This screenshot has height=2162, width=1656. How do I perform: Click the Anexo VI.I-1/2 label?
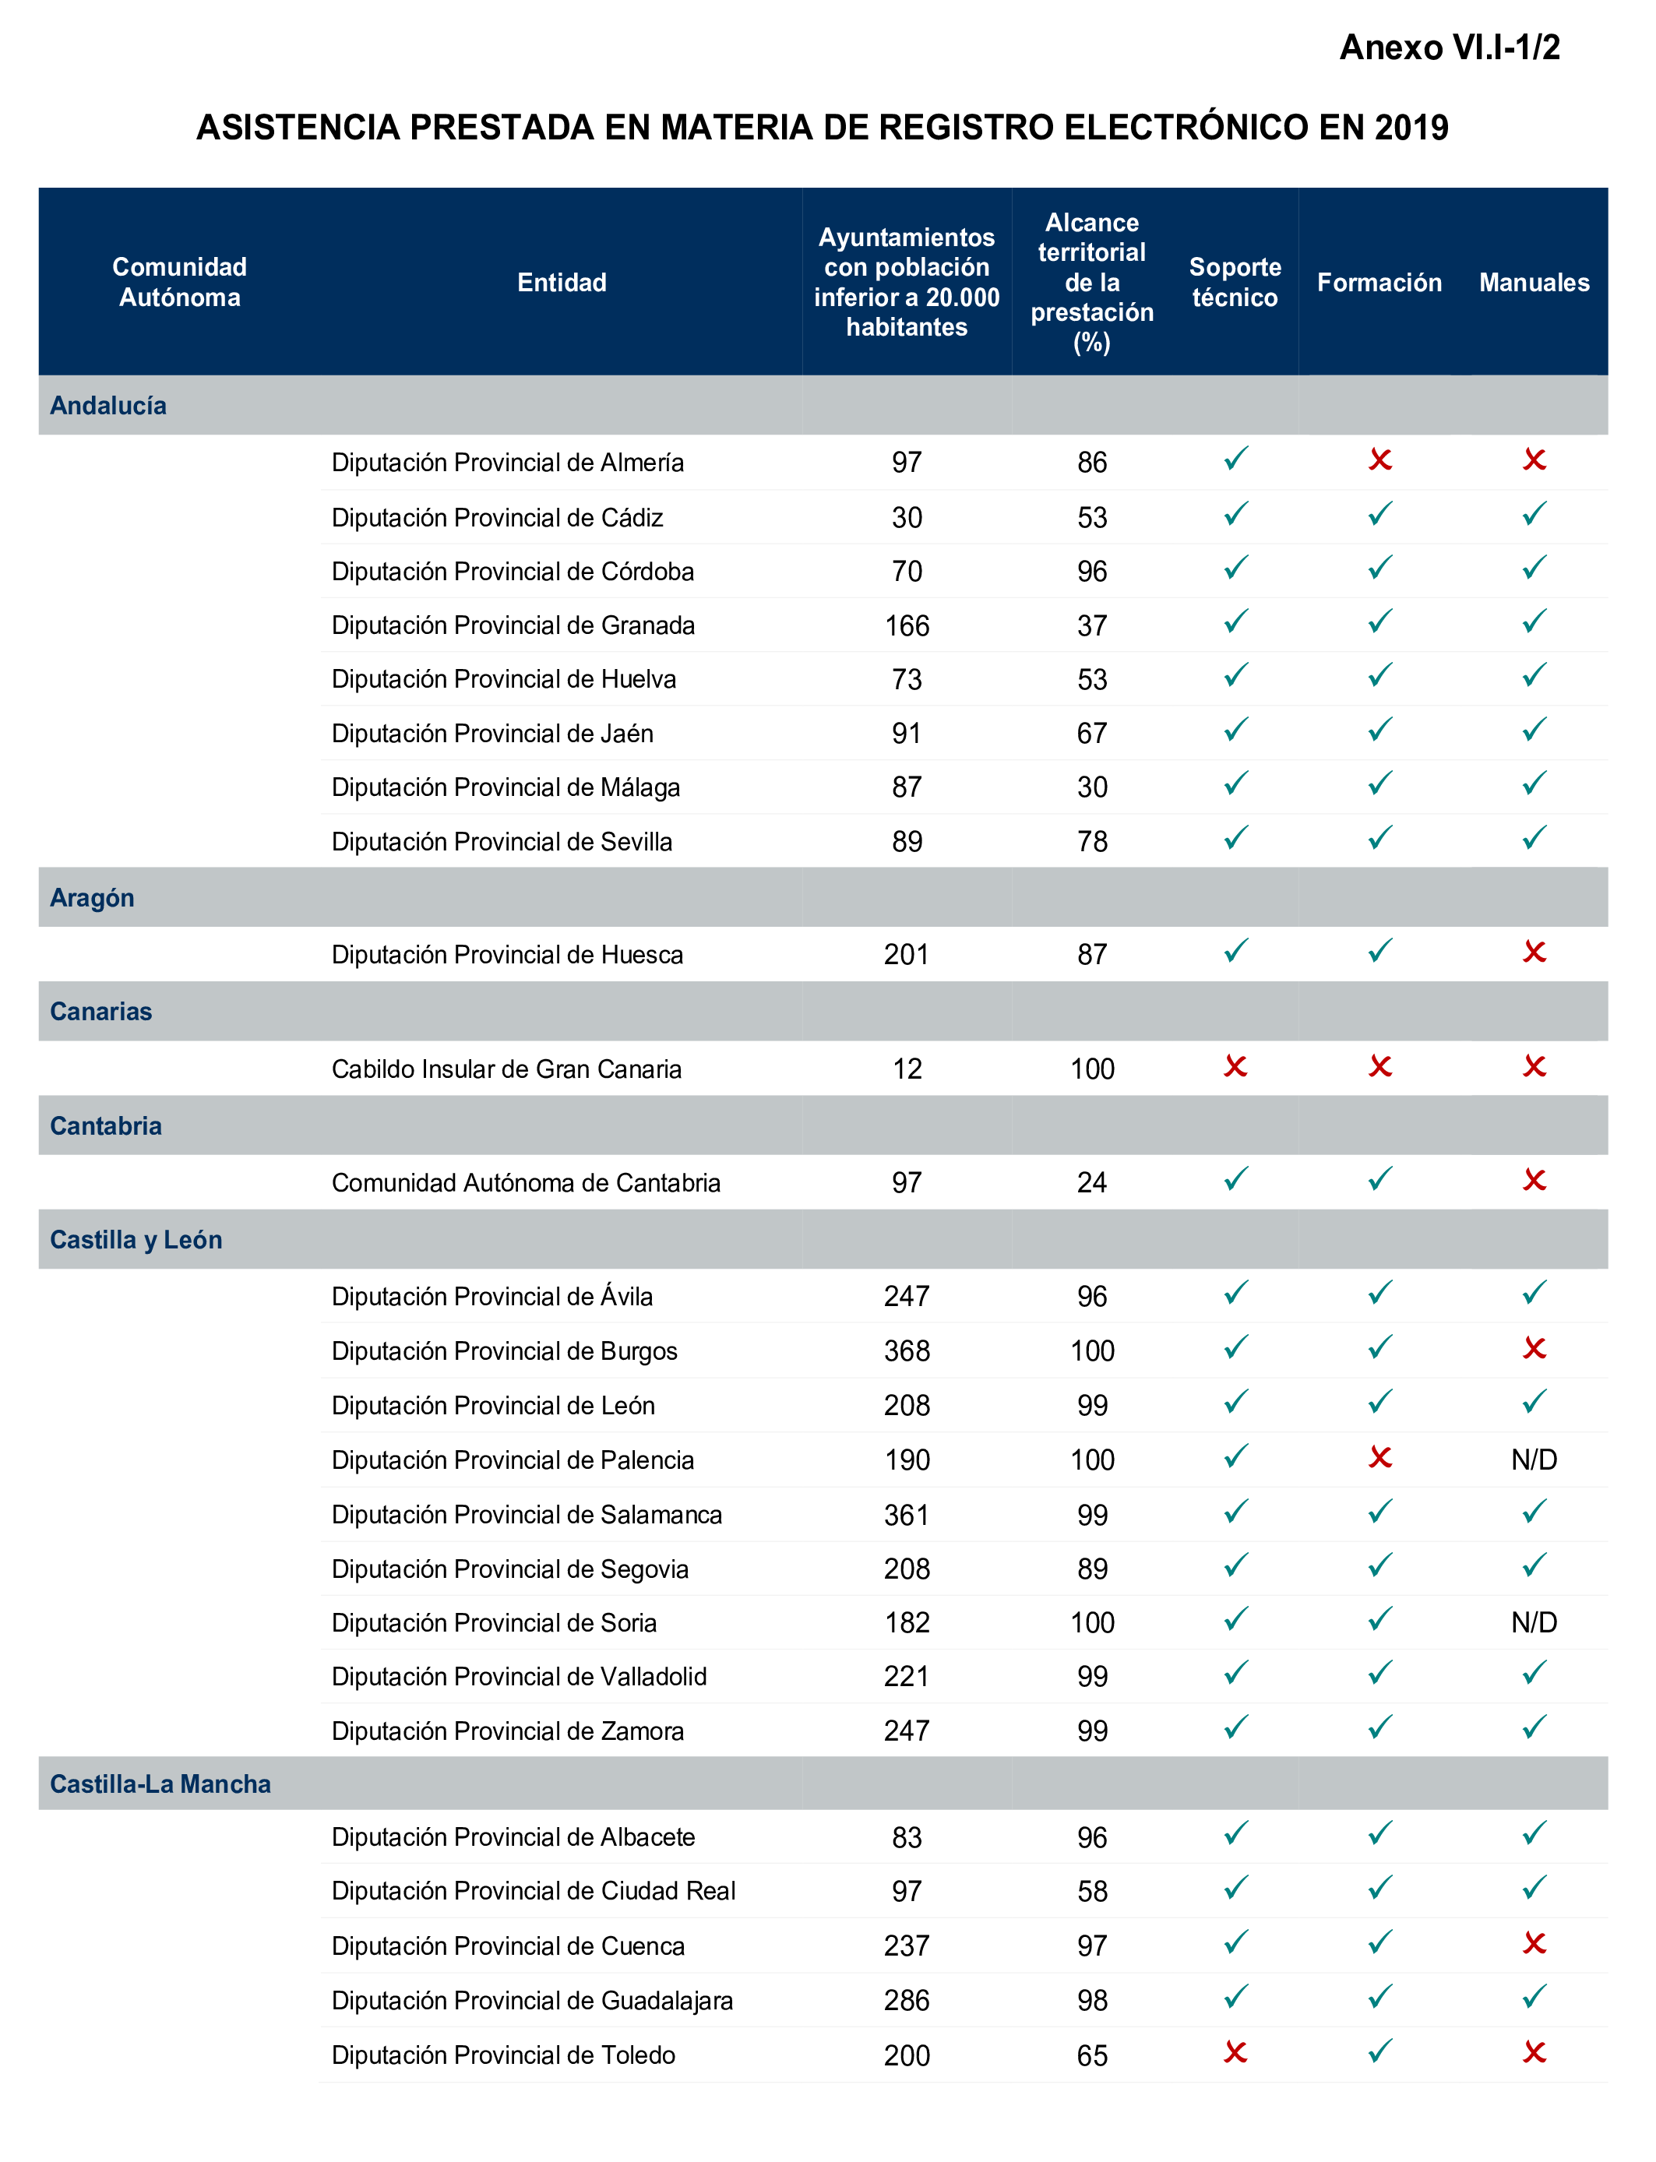(1448, 48)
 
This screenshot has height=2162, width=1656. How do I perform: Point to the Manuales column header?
(1533, 283)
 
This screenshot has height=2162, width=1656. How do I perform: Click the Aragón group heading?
(92, 898)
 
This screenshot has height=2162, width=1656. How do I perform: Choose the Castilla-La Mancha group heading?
(160, 1783)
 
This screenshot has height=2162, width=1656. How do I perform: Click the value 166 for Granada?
(906, 625)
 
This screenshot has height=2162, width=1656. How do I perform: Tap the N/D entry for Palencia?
(1533, 1460)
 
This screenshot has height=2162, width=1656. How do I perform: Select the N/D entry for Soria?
(1533, 1622)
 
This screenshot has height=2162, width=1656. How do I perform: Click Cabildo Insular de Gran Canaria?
(506, 1069)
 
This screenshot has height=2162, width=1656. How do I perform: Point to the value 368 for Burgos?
(906, 1351)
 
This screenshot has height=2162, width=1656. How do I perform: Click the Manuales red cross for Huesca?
(1533, 952)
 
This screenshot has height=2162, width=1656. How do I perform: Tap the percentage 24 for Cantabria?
(1091, 1182)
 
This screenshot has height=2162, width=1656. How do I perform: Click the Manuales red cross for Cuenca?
(1533, 1943)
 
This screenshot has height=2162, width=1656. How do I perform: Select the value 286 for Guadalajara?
(906, 2000)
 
